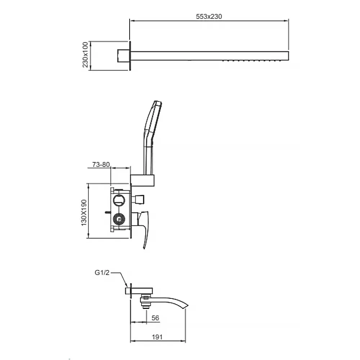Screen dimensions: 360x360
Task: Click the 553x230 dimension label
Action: pos(209,17)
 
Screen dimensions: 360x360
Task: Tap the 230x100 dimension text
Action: pos(85,55)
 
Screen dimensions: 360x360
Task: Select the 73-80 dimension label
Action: pos(101,165)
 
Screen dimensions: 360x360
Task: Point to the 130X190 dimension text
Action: pos(84,213)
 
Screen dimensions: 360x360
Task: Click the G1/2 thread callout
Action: pos(102,273)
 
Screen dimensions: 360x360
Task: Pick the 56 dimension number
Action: pos(155,318)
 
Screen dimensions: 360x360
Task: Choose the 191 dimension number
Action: pos(157,337)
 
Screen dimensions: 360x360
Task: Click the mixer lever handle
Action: pos(145,230)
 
